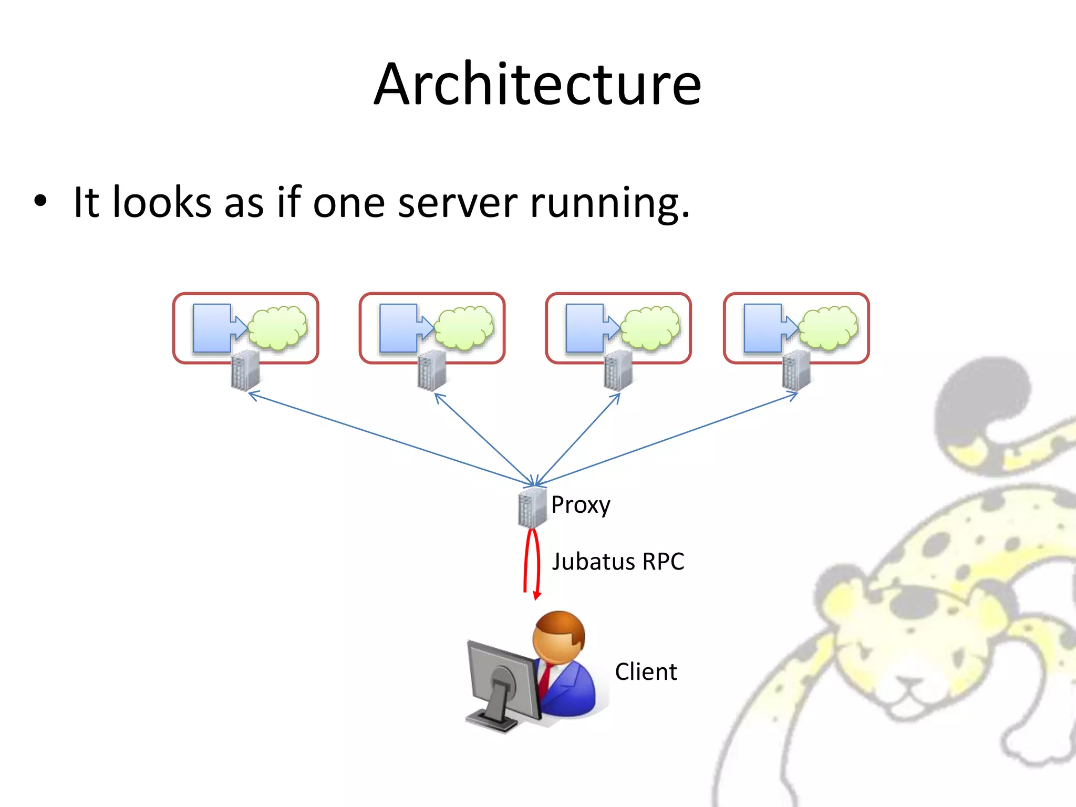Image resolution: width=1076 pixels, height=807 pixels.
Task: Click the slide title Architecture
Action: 537,84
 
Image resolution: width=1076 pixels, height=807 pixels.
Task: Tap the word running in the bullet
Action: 608,203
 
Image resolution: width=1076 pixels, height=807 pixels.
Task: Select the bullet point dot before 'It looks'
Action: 40,201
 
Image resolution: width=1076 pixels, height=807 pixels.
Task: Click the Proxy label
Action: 580,505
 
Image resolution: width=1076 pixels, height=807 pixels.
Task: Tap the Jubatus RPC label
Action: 618,562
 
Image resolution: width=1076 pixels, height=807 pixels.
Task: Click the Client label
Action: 646,672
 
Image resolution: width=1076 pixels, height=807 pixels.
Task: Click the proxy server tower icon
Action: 532,508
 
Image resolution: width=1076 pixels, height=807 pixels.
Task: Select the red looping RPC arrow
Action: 532,562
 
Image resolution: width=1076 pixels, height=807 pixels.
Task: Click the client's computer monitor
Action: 502,680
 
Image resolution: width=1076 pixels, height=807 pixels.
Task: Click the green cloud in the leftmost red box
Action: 277,328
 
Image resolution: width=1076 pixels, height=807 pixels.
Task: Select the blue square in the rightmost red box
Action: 763,328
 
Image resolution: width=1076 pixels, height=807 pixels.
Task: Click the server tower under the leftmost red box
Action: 245,370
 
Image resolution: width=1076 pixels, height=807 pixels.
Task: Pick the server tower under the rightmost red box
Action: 795,370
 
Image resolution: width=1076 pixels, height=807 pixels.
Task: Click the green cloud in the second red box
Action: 464,328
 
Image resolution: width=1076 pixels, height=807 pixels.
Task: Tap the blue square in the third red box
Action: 584,328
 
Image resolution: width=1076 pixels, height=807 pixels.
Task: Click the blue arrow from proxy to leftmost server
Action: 389,439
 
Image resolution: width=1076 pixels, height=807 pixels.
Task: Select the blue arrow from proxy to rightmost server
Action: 667,439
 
